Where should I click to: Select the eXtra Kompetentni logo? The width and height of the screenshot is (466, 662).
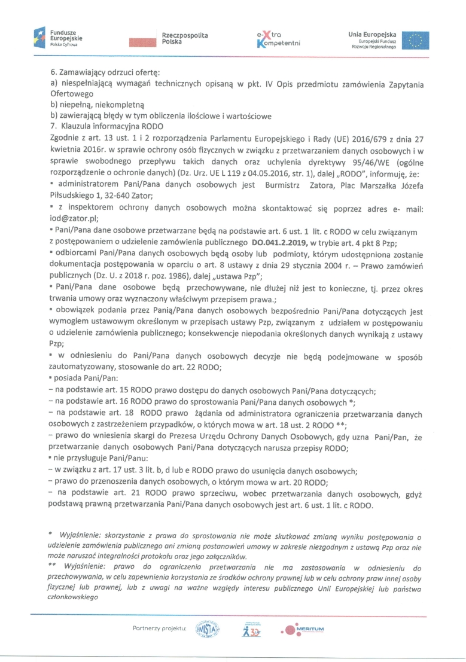click(x=277, y=39)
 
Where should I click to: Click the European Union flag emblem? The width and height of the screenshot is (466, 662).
click(x=415, y=39)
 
